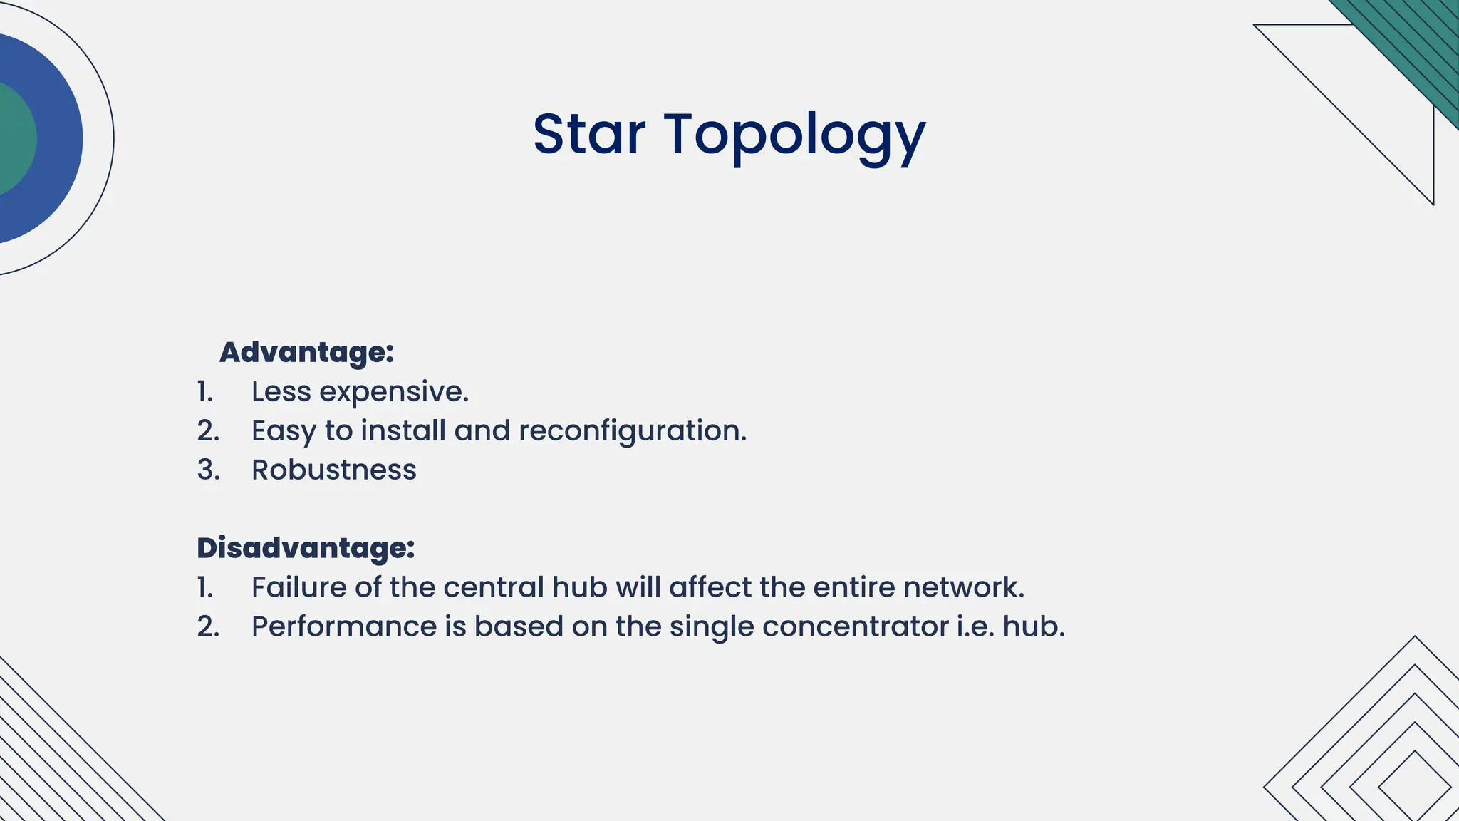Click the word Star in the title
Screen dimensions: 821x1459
588,135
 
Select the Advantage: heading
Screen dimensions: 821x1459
306,352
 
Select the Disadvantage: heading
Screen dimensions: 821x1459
306,548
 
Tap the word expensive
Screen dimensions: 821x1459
393,392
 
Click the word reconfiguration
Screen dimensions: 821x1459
632,431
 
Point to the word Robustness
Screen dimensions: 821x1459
333,470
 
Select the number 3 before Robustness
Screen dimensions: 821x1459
207,470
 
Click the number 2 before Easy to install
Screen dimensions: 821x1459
207,431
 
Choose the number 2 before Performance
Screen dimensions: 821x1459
207,627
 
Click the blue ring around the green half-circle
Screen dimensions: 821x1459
60,139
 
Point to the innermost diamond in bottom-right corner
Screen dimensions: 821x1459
1414,788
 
